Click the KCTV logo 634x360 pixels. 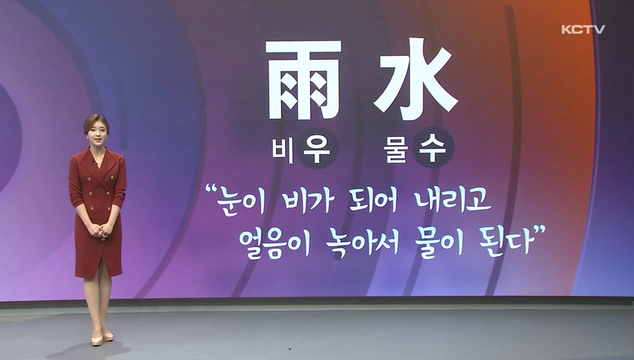[x=584, y=29]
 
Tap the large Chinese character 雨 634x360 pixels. [x=303, y=80]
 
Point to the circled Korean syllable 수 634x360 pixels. [x=433, y=147]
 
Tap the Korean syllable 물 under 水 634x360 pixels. [x=396, y=149]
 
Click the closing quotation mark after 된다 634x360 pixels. [x=540, y=230]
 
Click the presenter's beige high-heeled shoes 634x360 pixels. [x=102, y=337]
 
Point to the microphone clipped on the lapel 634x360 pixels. [x=94, y=162]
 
